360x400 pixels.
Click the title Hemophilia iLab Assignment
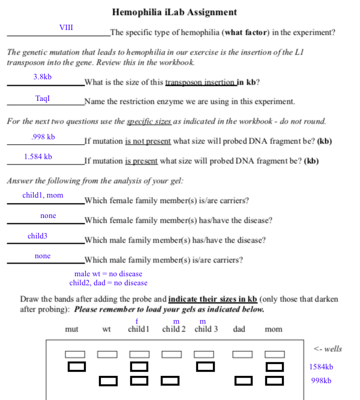[x=175, y=12]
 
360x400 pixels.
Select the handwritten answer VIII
[x=66, y=28]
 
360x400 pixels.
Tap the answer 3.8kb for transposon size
[x=42, y=77]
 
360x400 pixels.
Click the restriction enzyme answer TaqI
[x=43, y=98]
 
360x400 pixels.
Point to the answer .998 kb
[x=43, y=138]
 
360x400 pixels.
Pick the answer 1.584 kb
[x=38, y=157]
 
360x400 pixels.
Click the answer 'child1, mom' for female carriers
[x=43, y=195]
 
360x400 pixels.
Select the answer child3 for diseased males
[x=37, y=236]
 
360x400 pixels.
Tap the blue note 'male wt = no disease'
[x=108, y=274]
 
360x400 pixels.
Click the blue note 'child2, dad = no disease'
[x=108, y=283]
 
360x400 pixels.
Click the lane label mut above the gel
[x=71, y=329]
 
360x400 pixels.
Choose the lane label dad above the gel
[x=239, y=329]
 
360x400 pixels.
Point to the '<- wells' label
[x=328, y=349]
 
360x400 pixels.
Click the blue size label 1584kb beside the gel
[x=321, y=367]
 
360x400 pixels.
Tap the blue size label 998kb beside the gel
[x=321, y=381]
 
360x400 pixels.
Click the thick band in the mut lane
[x=76, y=366]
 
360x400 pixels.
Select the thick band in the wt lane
[x=109, y=380]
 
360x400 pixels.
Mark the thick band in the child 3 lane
[x=205, y=366]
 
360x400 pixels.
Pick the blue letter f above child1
[x=137, y=321]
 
